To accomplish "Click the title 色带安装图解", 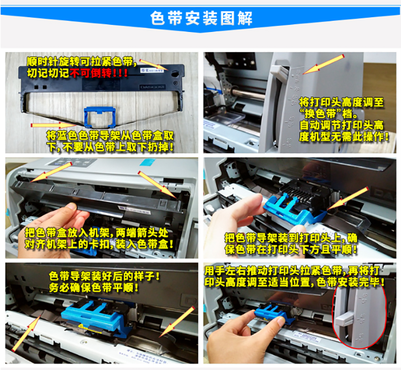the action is tap(201, 18).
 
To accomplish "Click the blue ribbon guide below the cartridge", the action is tap(100, 117).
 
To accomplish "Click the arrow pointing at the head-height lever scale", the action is tap(323, 64).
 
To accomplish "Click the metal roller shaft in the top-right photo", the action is tap(248, 91).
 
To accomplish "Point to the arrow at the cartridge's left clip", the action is tap(51, 172).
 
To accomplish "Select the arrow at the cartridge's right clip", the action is tap(157, 184).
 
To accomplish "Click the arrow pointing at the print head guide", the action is tap(348, 199).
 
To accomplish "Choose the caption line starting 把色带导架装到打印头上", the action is tap(291, 238).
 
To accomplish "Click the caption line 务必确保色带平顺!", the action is tap(94, 288).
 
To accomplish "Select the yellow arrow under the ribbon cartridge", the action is tap(54, 125).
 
